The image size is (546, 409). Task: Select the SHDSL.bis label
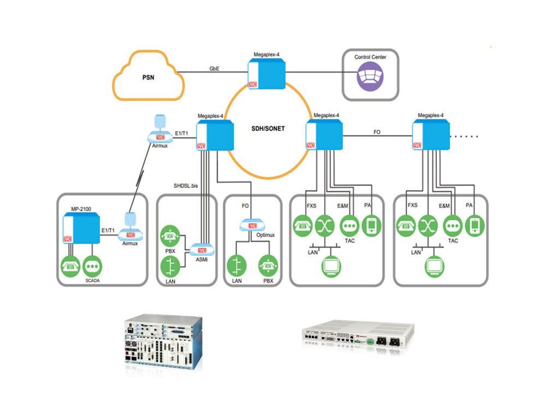pos(186,186)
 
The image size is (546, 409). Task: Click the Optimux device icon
pos(252,225)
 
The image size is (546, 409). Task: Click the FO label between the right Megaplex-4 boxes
pos(377,132)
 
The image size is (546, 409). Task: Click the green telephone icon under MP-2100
pos(71,266)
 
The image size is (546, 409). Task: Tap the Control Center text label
pos(370,57)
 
